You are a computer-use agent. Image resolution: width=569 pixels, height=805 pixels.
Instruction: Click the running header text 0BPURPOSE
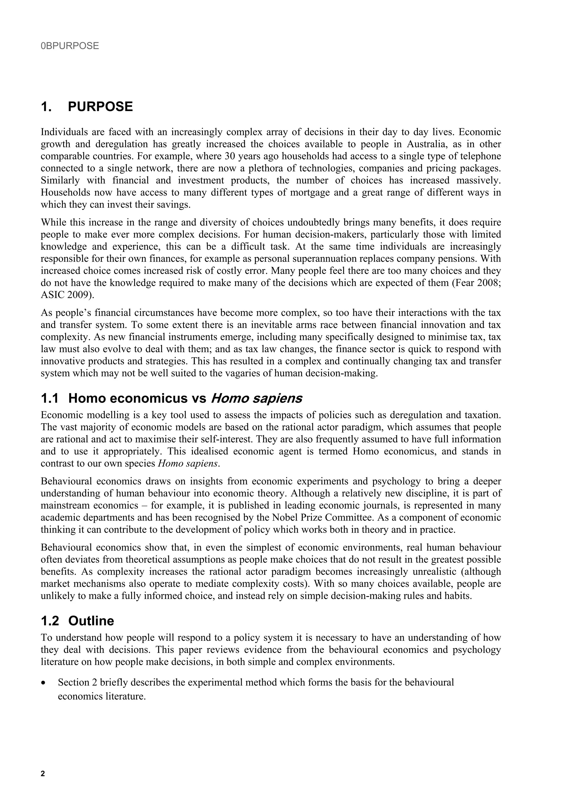[x=70, y=46]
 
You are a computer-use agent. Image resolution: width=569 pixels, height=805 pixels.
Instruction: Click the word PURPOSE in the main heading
[x=100, y=107]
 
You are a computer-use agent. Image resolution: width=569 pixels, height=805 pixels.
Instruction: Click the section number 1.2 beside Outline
[x=50, y=621]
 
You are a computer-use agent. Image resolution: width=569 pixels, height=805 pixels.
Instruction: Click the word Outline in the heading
[x=91, y=621]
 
